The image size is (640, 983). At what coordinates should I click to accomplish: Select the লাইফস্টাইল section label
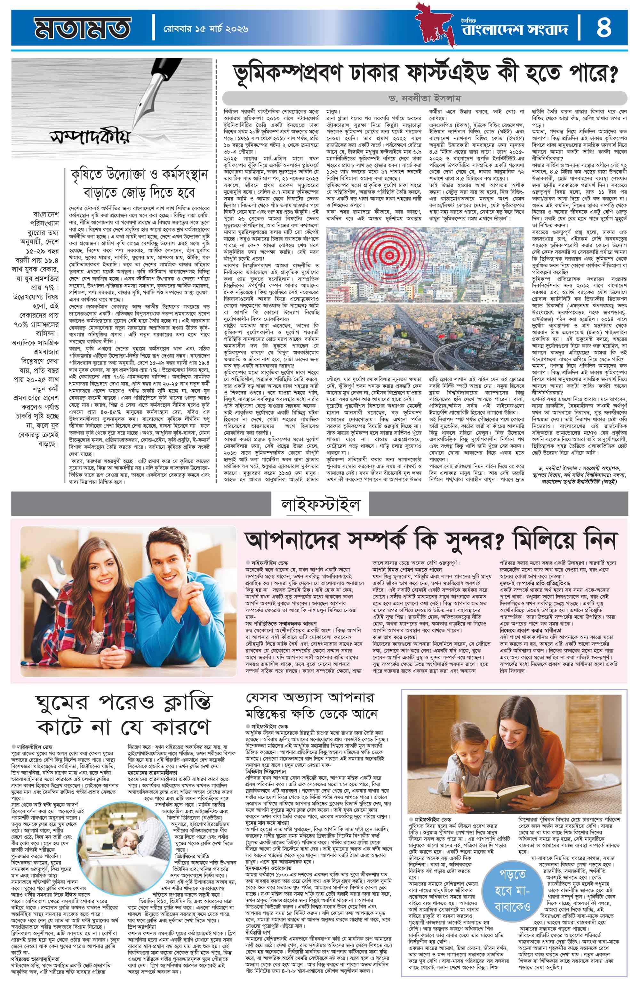[x=320, y=504]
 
